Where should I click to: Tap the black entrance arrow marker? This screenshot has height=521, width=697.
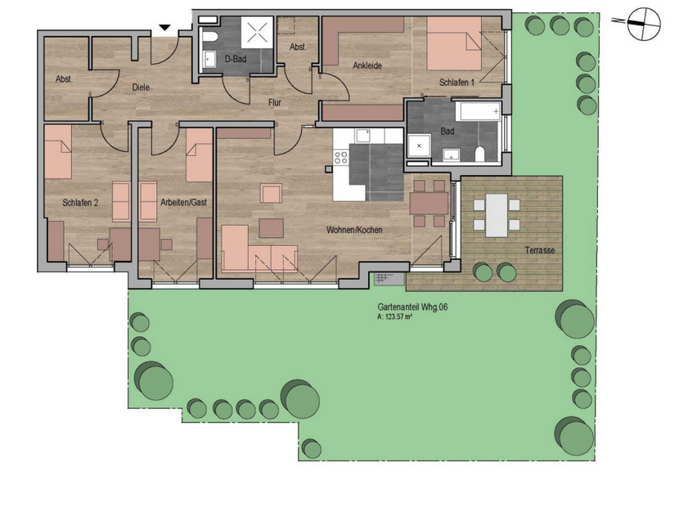tap(165, 28)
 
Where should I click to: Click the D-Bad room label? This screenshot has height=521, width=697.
tap(235, 59)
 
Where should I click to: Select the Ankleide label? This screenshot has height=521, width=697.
tap(367, 65)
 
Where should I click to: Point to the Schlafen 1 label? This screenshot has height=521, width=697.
tap(456, 83)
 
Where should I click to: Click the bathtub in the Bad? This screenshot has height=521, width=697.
tap(480, 111)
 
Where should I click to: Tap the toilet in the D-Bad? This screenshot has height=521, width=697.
tap(209, 37)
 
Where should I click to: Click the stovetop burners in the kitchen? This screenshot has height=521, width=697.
tap(341, 157)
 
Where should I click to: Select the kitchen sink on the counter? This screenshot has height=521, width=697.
tap(363, 136)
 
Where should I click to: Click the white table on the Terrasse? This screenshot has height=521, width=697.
tap(497, 215)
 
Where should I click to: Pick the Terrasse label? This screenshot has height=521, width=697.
tap(540, 250)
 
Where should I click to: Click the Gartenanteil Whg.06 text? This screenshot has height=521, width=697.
tap(412, 308)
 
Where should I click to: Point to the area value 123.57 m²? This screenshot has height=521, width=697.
tap(395, 317)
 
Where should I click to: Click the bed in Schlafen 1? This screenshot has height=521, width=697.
tap(454, 43)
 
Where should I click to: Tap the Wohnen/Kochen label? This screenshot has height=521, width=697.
tap(354, 230)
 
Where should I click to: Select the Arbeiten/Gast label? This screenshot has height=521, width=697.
tap(183, 202)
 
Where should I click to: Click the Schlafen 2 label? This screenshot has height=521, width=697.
tap(80, 203)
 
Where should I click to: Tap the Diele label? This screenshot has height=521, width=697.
tap(141, 88)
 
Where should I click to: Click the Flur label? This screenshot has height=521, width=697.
tap(275, 103)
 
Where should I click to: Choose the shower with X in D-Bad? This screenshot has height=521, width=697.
tap(257, 33)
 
